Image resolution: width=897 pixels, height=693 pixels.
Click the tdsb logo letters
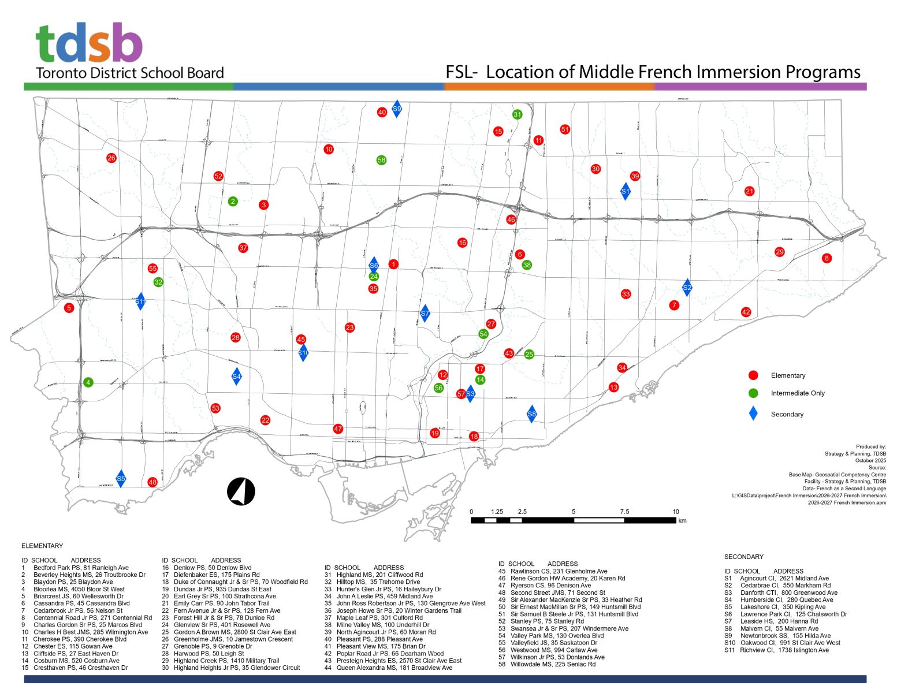89,43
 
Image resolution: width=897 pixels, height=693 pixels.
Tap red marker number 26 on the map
111,158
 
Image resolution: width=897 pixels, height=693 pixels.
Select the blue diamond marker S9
397,109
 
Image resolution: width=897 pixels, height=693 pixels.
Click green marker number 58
381,160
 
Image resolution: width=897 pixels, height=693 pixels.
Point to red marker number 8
827,258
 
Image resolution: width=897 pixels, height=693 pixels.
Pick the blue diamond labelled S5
121,478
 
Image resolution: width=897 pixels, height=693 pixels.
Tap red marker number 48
152,482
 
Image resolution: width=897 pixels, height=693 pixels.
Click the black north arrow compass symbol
241,492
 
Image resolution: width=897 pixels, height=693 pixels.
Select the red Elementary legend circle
753,375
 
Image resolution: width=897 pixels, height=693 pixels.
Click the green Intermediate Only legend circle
753,393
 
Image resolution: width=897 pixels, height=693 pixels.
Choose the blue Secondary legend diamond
753,413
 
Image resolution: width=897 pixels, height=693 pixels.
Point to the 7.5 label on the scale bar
624,512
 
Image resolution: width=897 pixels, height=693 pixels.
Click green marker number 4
88,382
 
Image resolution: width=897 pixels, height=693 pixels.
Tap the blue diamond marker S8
532,413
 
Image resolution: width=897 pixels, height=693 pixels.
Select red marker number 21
749,191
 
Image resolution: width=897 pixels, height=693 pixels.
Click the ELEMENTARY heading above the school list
42,546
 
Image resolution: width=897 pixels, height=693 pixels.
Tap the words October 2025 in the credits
870,460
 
